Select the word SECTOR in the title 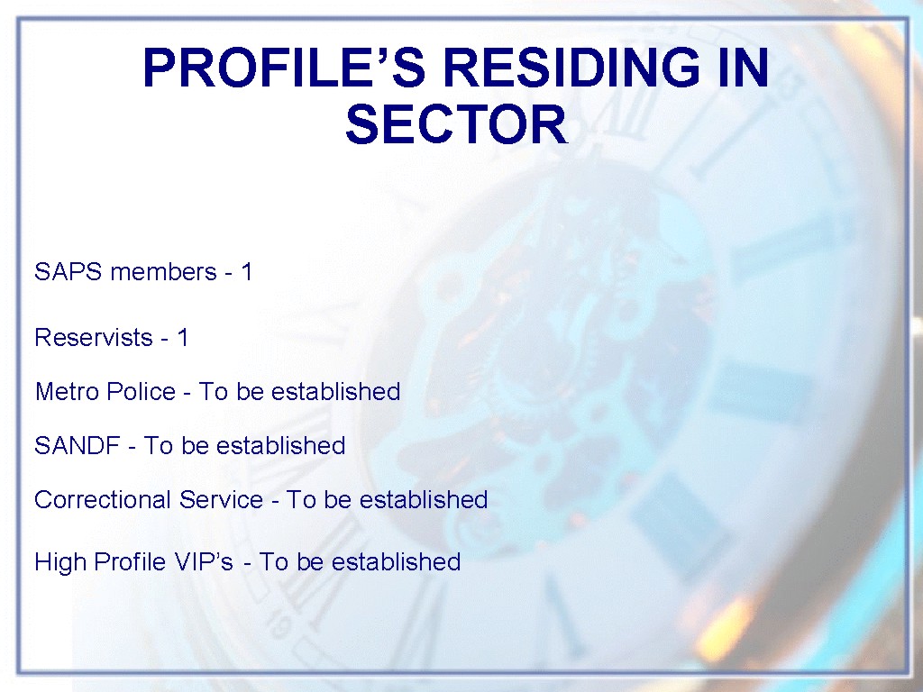click(456, 124)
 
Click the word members click(164, 272)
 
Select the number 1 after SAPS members click(247, 272)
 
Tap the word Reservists click(94, 338)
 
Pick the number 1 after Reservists click(182, 338)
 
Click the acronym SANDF click(78, 446)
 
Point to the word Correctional click(103, 500)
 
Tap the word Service click(222, 500)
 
